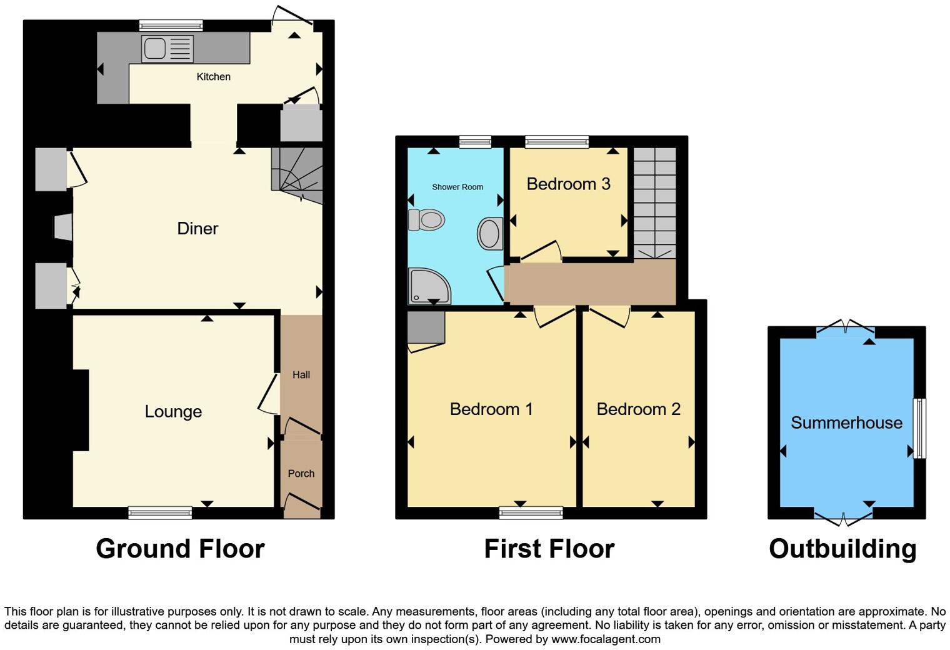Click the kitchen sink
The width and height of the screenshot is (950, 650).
167,49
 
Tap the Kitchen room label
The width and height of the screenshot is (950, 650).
214,77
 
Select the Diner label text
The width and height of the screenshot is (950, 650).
197,228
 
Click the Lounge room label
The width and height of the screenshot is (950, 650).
173,411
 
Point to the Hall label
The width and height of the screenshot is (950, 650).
301,375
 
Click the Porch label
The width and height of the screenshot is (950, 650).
301,474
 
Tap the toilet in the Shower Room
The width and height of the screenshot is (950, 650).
427,220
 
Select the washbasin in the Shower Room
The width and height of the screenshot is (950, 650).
490,234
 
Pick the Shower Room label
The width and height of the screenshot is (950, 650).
457,187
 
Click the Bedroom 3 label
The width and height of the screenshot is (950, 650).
568,184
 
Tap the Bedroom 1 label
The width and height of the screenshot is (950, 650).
491,409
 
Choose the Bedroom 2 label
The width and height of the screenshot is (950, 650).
638,409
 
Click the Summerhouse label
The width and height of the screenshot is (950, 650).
846,422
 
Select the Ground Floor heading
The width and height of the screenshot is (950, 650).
180,549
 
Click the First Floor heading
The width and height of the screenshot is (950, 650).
549,549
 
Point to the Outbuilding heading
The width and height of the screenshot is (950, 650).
842,549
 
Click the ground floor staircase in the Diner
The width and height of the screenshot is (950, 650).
297,176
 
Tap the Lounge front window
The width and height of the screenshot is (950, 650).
160,513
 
